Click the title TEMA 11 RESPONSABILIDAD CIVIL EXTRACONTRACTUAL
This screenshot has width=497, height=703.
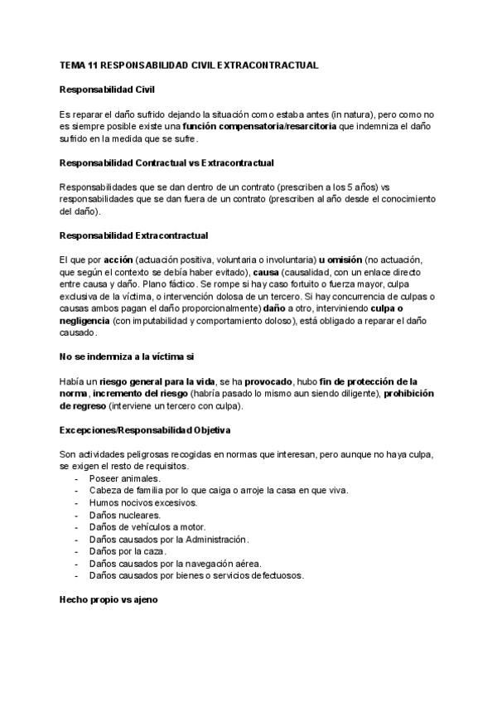[189, 64]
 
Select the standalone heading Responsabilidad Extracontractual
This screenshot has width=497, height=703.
[134, 236]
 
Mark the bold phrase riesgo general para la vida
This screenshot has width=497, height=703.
[161, 382]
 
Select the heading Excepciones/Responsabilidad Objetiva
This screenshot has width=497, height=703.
[145, 431]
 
